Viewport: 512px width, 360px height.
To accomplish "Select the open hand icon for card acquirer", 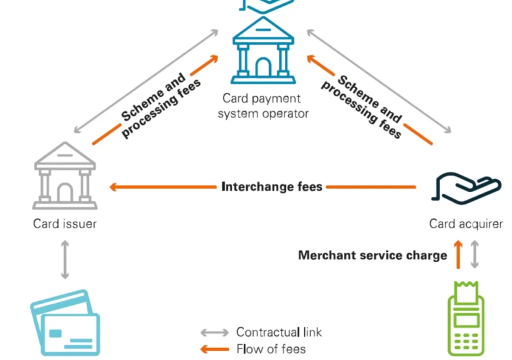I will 465,189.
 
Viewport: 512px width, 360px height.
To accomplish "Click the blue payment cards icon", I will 65,323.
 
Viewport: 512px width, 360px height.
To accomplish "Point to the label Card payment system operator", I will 263,106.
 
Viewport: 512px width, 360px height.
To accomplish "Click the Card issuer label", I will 65,223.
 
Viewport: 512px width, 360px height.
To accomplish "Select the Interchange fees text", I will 272,187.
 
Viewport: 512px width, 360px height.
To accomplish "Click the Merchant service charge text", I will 372,255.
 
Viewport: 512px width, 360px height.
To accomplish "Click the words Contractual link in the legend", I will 279,332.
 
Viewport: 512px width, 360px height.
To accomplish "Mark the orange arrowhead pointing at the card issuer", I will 114,187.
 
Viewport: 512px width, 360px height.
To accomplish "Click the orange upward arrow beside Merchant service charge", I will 458,255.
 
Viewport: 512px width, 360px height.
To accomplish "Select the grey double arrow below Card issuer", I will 65,259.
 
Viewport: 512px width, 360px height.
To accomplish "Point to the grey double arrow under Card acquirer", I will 475,255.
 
